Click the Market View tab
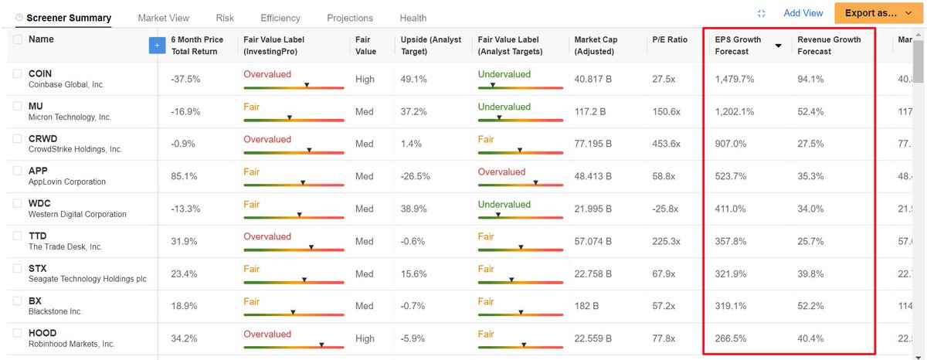164,19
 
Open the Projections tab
350,19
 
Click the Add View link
803,13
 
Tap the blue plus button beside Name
157,45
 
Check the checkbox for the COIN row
17,73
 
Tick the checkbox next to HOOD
17,333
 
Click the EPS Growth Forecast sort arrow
778,46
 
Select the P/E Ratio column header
670,39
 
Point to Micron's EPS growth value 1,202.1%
735,112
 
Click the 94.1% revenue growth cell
810,79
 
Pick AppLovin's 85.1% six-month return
184,177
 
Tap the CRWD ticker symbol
43,138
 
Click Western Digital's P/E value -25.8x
665,209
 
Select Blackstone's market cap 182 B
586,306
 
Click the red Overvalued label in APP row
501,172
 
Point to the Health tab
413,19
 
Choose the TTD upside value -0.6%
413,242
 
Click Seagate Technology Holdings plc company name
87,279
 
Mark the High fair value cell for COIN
365,79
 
